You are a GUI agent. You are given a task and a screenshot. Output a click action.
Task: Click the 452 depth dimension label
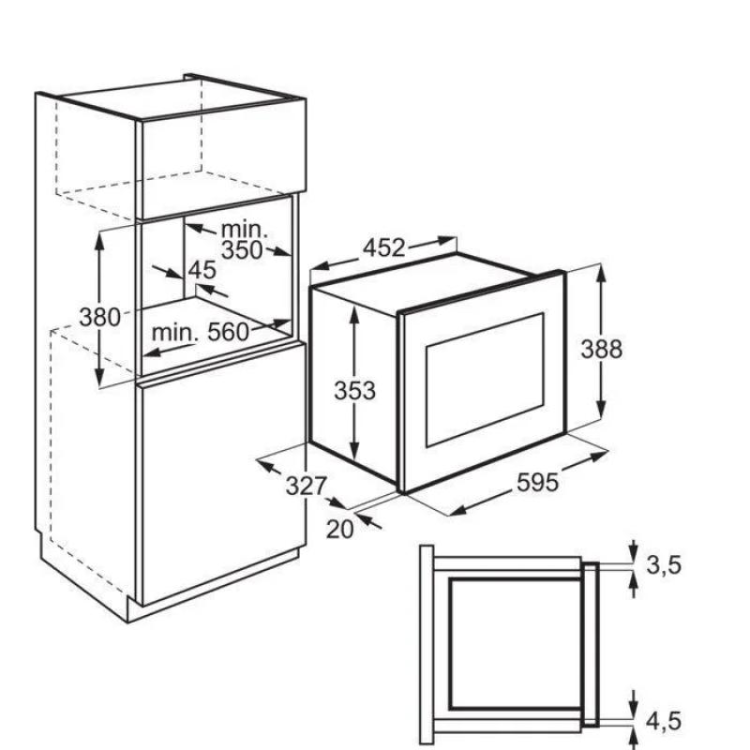(384, 247)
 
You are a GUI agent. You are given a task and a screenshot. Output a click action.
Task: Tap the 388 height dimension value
(601, 349)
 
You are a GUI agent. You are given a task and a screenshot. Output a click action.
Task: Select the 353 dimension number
(354, 390)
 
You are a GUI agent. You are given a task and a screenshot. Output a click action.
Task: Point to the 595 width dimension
(537, 482)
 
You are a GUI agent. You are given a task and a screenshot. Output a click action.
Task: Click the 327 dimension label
(307, 487)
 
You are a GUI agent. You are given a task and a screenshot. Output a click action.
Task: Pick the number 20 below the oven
(339, 529)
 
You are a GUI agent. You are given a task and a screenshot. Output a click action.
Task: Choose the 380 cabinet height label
(99, 317)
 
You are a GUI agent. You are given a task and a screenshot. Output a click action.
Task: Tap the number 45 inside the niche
(202, 270)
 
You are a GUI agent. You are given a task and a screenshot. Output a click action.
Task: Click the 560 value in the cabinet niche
(228, 332)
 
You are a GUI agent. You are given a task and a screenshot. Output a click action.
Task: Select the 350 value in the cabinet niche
(242, 250)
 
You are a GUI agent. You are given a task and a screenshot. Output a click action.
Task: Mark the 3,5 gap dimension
(663, 565)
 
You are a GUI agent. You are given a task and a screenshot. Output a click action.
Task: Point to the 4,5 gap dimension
(663, 721)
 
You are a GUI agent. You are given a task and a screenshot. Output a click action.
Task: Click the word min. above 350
(244, 230)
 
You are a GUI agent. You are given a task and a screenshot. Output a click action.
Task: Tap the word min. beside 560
(174, 332)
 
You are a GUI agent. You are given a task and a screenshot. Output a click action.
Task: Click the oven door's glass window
(485, 381)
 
